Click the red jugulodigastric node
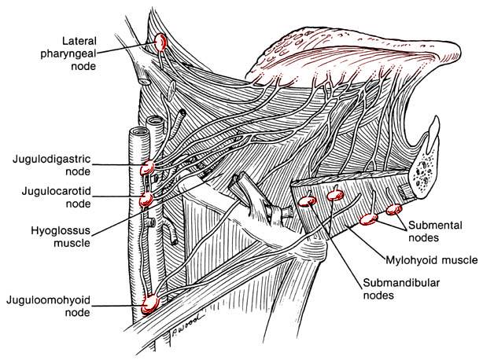point(147,167)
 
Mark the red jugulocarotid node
point(146,200)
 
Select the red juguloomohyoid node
point(151,302)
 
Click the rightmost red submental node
point(393,209)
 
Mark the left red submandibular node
point(306,201)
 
